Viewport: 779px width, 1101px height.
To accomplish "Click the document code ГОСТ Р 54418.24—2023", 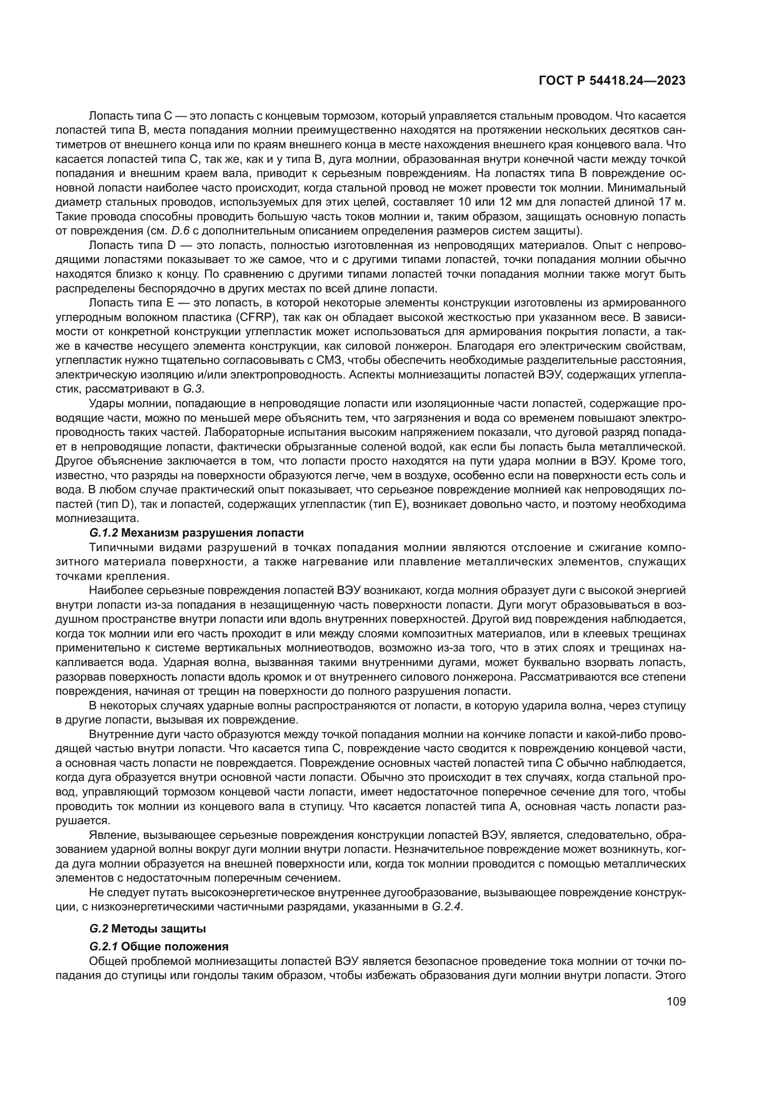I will [612, 80].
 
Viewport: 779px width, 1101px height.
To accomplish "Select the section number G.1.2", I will [103, 533].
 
